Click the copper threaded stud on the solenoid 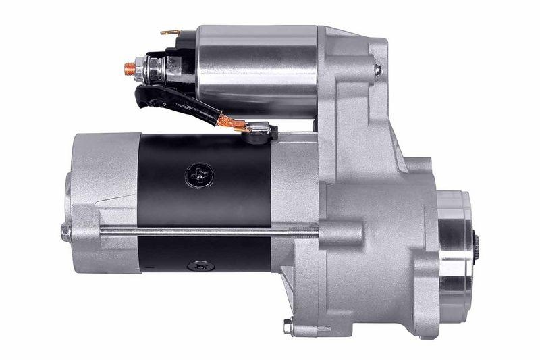tap(127, 67)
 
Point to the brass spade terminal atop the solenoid tap(170, 32)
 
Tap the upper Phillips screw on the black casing tap(194, 175)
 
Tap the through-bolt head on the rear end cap tap(65, 232)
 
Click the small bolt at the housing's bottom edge tap(288, 326)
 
